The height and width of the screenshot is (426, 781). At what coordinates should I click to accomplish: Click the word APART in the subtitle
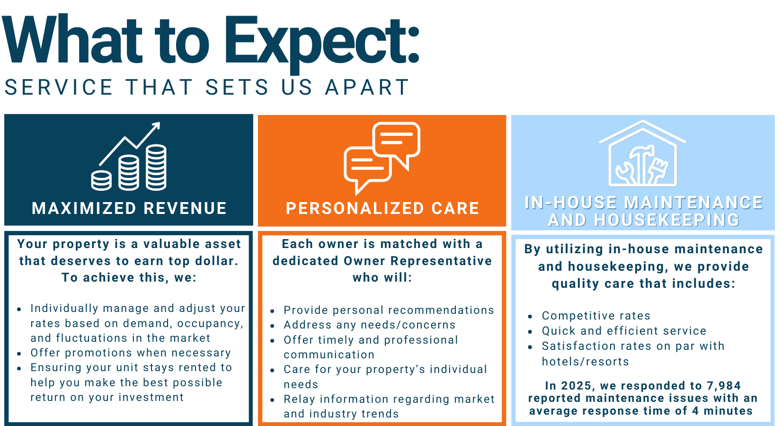(367, 87)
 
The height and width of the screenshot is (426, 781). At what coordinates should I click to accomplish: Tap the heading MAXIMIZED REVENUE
(129, 208)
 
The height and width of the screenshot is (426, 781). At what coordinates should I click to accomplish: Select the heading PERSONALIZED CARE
(382, 208)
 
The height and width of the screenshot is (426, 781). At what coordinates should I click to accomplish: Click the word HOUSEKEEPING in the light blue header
(644, 220)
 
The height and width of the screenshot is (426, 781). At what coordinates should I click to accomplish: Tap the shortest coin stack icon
(101, 181)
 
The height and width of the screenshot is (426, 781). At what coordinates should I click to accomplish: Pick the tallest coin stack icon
(156, 168)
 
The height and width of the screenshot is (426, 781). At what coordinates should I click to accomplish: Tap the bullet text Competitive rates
(596, 316)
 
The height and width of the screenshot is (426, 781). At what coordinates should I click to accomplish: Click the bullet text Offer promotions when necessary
(130, 353)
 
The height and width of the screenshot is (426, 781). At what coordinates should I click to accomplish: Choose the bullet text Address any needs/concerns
(369, 325)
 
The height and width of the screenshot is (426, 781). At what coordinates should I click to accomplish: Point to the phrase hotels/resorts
(585, 362)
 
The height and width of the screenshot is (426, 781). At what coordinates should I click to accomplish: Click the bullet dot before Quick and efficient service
(530, 331)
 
